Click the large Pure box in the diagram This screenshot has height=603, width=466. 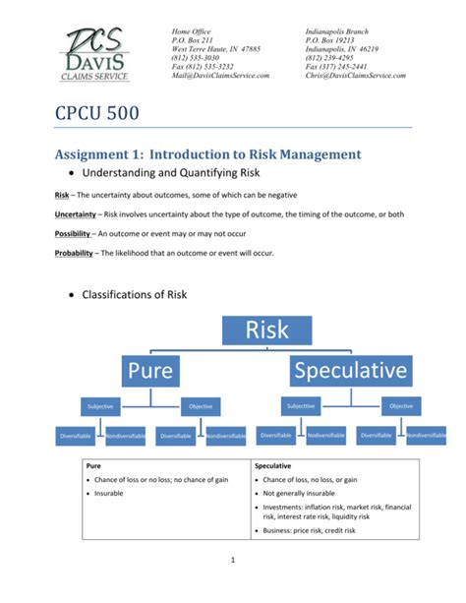(x=149, y=372)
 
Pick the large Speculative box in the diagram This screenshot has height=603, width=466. (x=349, y=372)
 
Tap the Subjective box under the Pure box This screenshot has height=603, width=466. (x=99, y=404)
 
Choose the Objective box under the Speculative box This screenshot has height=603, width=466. (x=401, y=404)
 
